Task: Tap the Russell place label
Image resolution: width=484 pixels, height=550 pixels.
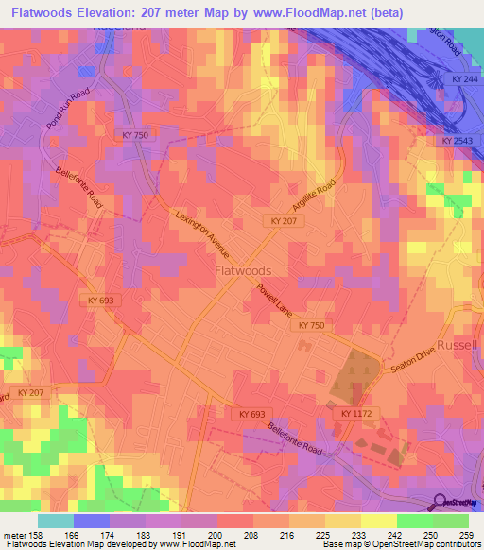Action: click(x=459, y=346)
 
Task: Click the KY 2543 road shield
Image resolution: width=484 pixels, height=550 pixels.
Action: click(x=458, y=141)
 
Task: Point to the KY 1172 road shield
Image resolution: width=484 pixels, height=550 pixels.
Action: click(x=357, y=414)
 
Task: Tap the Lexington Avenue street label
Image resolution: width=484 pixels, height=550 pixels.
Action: click(x=202, y=233)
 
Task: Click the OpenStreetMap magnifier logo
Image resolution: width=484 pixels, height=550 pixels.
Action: click(x=441, y=503)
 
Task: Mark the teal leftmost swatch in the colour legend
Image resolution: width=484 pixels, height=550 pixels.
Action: click(x=56, y=521)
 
